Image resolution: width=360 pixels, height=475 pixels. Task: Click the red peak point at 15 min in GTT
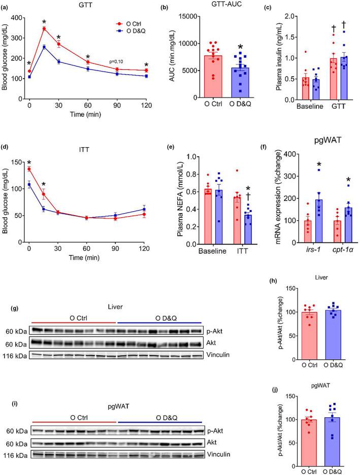(x=44, y=29)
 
